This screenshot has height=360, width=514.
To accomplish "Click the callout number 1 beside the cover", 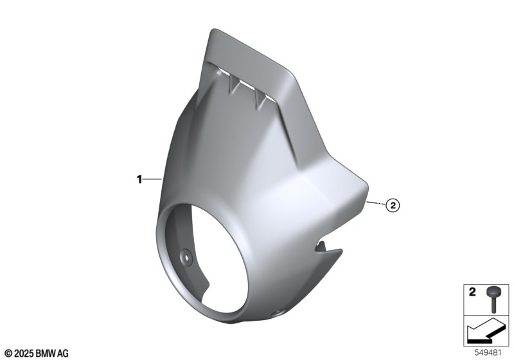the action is click(139, 179).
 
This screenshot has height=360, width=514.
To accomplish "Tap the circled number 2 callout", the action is click(393, 206).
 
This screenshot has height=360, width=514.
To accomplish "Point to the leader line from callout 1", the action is click(152, 179).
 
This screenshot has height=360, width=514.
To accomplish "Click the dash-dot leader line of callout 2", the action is click(377, 203).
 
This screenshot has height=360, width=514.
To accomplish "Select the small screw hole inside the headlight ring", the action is click(187, 257).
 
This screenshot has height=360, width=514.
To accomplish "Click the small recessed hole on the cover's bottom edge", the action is click(278, 312).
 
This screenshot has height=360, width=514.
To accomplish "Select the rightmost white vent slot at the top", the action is click(270, 97).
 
